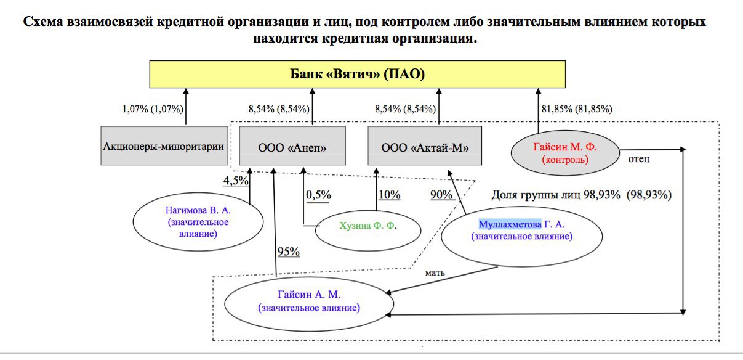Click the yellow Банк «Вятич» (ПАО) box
click(357, 74)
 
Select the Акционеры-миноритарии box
click(164, 145)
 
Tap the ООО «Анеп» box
click(292, 145)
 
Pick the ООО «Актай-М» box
click(425, 145)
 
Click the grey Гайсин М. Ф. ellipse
click(565, 153)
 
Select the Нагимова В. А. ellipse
click(198, 221)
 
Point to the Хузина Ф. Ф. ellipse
click(368, 230)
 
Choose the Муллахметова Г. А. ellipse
click(522, 237)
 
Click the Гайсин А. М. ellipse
click(309, 304)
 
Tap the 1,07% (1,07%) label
click(153, 109)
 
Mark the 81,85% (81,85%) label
click(577, 109)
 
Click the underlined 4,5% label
click(236, 181)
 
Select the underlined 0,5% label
click(318, 195)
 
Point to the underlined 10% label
click(389, 195)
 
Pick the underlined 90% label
click(441, 195)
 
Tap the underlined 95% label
click(288, 252)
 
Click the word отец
click(639, 159)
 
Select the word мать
click(435, 273)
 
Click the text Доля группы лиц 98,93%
click(556, 195)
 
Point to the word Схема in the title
click(43, 22)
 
